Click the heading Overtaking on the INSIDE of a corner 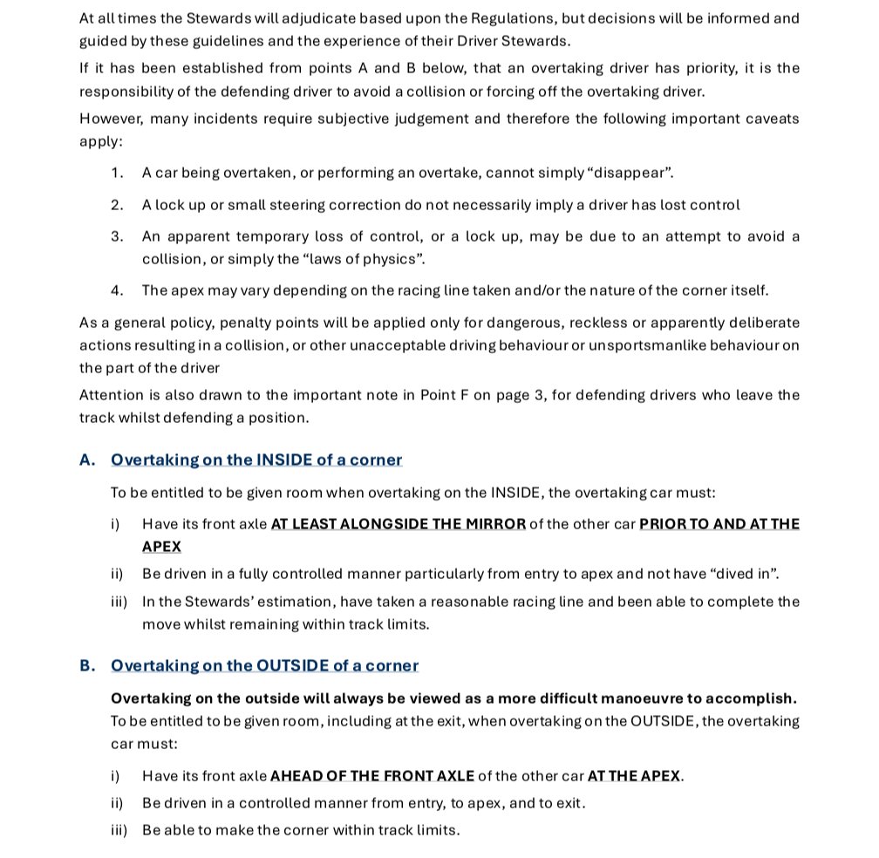pyautogui.click(x=256, y=460)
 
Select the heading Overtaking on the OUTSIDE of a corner pyautogui.click(x=264, y=665)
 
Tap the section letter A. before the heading pyautogui.click(x=87, y=460)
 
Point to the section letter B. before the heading pyautogui.click(x=87, y=665)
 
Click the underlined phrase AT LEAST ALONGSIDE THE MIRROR pyautogui.click(x=399, y=524)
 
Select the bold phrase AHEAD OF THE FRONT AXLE pyautogui.click(x=372, y=775)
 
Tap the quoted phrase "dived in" pyautogui.click(x=742, y=574)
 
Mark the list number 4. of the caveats pyautogui.click(x=117, y=290)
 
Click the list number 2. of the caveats pyautogui.click(x=117, y=205)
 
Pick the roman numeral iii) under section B pyautogui.click(x=119, y=829)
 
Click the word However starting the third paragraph pyautogui.click(x=110, y=119)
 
